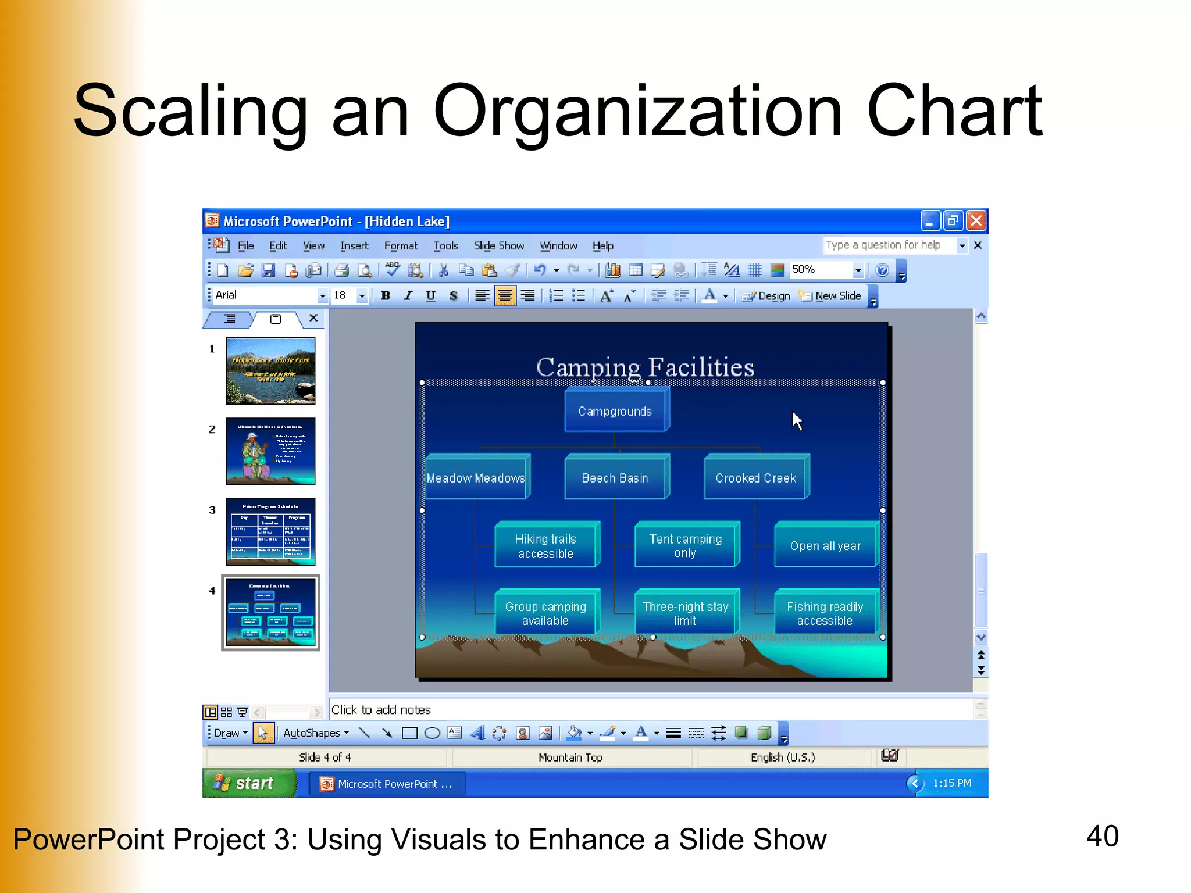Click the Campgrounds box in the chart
coord(615,411)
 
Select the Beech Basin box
coord(615,478)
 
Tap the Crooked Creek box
coord(755,478)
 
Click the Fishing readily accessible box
coord(824,613)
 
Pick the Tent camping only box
coord(685,545)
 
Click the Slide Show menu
coord(498,246)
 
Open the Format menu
coord(400,246)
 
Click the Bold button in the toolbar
coord(385,295)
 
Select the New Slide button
coord(830,295)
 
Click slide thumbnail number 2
coord(270,451)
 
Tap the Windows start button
coord(249,783)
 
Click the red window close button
coord(976,221)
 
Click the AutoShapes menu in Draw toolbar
coord(316,733)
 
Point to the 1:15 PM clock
coord(951,783)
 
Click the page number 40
coord(1102,836)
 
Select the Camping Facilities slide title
coord(644,366)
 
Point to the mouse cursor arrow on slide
coord(796,420)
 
